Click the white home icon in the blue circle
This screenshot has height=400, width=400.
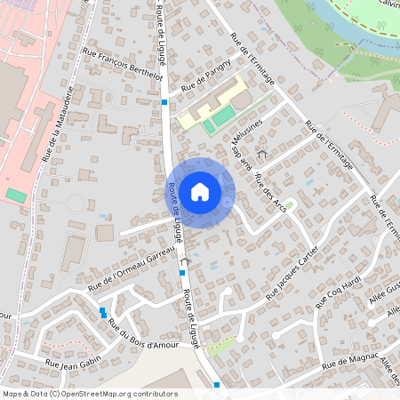[200, 191]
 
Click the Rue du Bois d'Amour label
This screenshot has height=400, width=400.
[142, 334]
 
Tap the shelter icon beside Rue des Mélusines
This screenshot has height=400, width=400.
[261, 154]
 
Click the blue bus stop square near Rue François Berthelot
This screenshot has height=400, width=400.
[164, 102]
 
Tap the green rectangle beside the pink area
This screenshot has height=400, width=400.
[15, 194]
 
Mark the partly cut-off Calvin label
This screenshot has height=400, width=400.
[388, 4]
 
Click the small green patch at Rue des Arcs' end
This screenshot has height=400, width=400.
[290, 204]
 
